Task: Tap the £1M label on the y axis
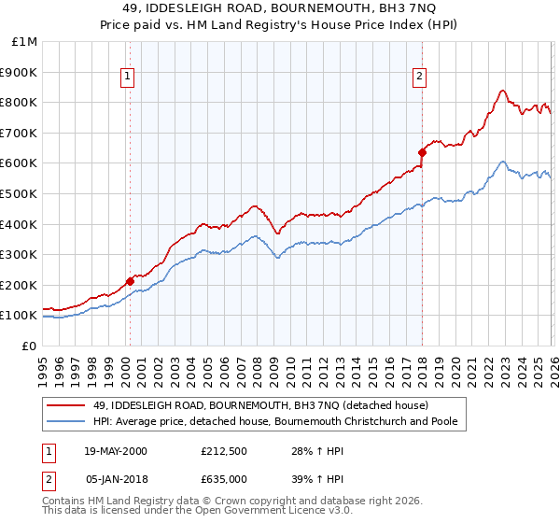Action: (25, 41)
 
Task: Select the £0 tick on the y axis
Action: (29, 346)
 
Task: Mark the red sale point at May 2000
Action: (130, 280)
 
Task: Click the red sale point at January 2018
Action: (422, 151)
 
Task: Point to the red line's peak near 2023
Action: (502, 91)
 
